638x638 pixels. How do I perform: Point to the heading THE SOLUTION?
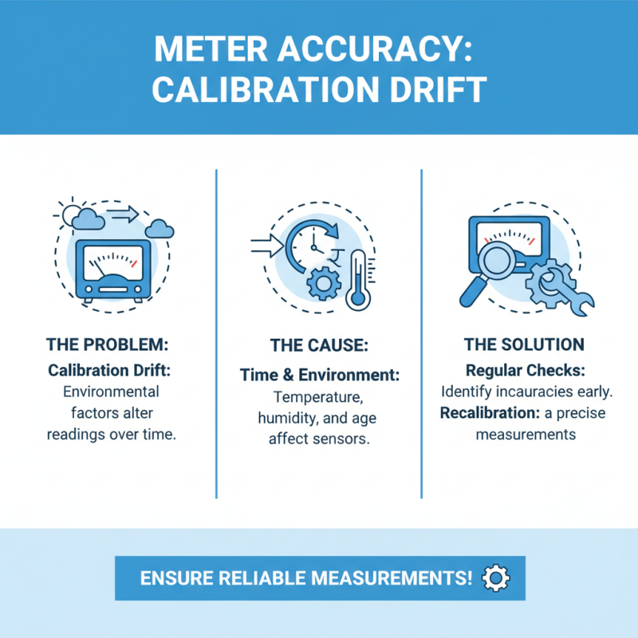click(524, 345)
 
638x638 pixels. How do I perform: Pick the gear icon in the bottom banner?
click(496, 577)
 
